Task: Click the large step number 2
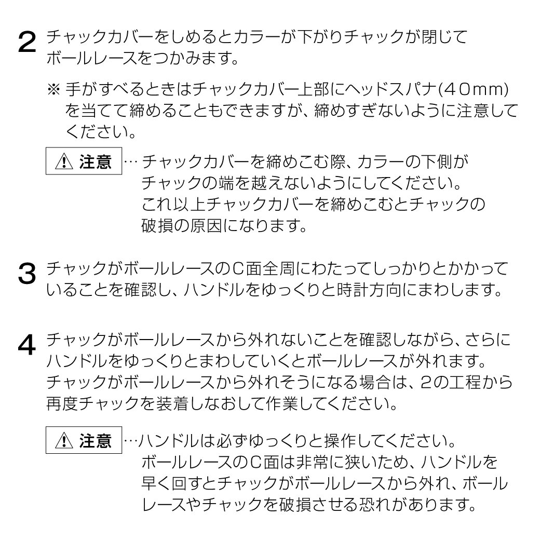tap(27, 42)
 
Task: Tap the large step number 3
tap(27, 274)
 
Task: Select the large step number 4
tap(27, 345)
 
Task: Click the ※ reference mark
tap(54, 89)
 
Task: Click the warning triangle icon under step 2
tap(64, 161)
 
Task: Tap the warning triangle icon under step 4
tap(64, 440)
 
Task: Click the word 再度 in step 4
tap(62, 403)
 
